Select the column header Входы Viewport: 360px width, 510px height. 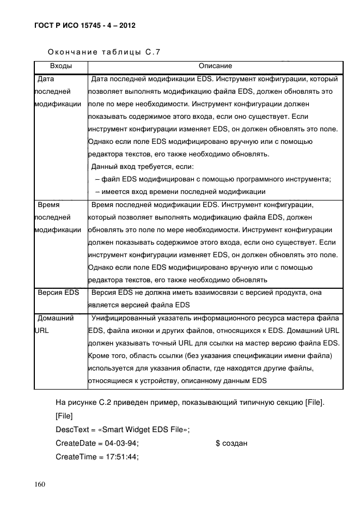(60, 66)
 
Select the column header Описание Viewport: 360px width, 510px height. (215, 66)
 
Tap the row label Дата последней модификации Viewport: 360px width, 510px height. (58, 92)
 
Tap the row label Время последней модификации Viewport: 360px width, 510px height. (58, 217)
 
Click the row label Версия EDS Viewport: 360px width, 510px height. (58, 293)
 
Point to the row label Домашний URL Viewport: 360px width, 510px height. (55, 324)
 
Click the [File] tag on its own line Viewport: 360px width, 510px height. (65, 416)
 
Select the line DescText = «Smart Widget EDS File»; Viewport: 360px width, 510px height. (123, 430)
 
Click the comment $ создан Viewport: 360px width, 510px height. (231, 444)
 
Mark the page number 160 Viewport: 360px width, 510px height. (40, 485)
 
